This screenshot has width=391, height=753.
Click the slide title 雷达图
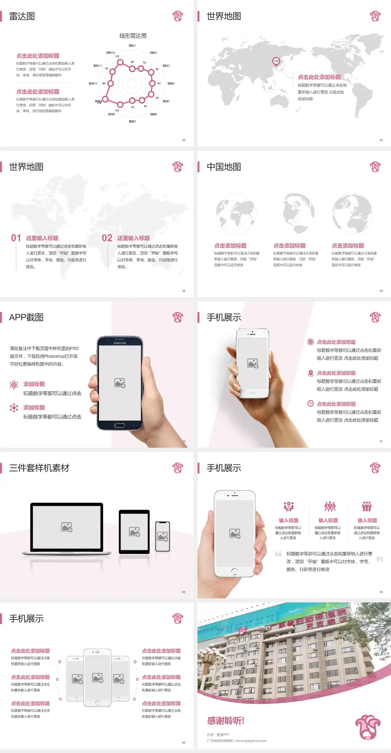point(22,16)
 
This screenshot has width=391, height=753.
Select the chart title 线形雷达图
point(133,36)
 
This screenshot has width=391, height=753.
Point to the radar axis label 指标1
point(132,46)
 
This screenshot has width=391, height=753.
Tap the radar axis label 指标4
point(171,83)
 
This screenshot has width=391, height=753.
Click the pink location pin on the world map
point(276,61)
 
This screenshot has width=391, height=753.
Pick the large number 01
point(16,238)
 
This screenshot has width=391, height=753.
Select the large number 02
point(107,238)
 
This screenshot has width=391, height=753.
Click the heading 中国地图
point(224,167)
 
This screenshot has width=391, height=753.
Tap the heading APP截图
point(26,317)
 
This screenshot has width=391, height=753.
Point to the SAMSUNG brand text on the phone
point(120,343)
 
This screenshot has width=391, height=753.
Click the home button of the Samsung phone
point(119,425)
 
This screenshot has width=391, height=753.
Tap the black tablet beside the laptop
point(134,531)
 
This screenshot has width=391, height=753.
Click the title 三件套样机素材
point(39,468)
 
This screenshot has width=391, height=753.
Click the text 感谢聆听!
point(226,721)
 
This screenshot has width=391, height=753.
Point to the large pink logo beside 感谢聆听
point(367,726)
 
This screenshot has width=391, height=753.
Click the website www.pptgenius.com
point(251,741)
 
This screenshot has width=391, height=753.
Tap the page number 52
point(184,140)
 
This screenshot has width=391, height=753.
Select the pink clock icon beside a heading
point(310,403)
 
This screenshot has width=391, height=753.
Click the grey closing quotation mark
point(380,559)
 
